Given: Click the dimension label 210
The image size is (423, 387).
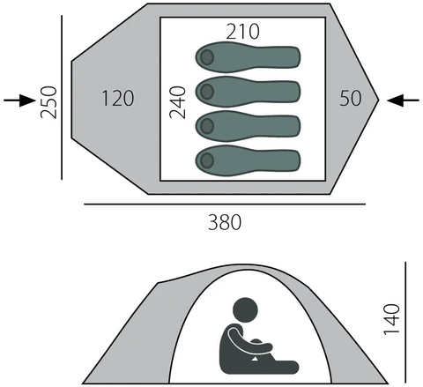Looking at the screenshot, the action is click(243, 32).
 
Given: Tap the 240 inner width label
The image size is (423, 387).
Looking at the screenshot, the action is click(178, 102).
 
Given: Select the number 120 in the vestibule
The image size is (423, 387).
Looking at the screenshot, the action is click(118, 98).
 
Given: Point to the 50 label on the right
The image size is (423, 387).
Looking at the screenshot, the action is click(351, 98).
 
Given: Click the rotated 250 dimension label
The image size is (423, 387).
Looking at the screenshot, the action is click(48, 102).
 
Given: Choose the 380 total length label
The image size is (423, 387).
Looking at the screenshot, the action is click(225, 222).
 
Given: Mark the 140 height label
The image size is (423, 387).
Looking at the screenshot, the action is click(392, 319).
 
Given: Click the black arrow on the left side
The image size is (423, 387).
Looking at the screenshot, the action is click(19, 100).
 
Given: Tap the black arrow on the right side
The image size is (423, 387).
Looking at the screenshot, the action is click(403, 100).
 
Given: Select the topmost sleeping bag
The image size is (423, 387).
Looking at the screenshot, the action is click(248, 57).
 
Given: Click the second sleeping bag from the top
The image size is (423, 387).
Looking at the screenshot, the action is click(248, 92).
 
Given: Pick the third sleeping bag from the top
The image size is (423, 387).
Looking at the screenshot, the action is click(248, 126).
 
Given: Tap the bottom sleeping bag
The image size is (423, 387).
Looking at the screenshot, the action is click(248, 160).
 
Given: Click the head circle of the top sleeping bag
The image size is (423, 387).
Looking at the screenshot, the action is click(207, 57).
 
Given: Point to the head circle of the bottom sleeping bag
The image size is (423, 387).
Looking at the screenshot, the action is click(207, 160).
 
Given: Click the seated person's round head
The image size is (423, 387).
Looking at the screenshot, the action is click(245, 310).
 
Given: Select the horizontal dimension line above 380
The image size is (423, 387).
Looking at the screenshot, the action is click(225, 204).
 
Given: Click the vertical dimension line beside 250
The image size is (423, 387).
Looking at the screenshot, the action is click(62, 97).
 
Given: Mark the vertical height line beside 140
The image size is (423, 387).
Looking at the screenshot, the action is click(405, 322).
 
